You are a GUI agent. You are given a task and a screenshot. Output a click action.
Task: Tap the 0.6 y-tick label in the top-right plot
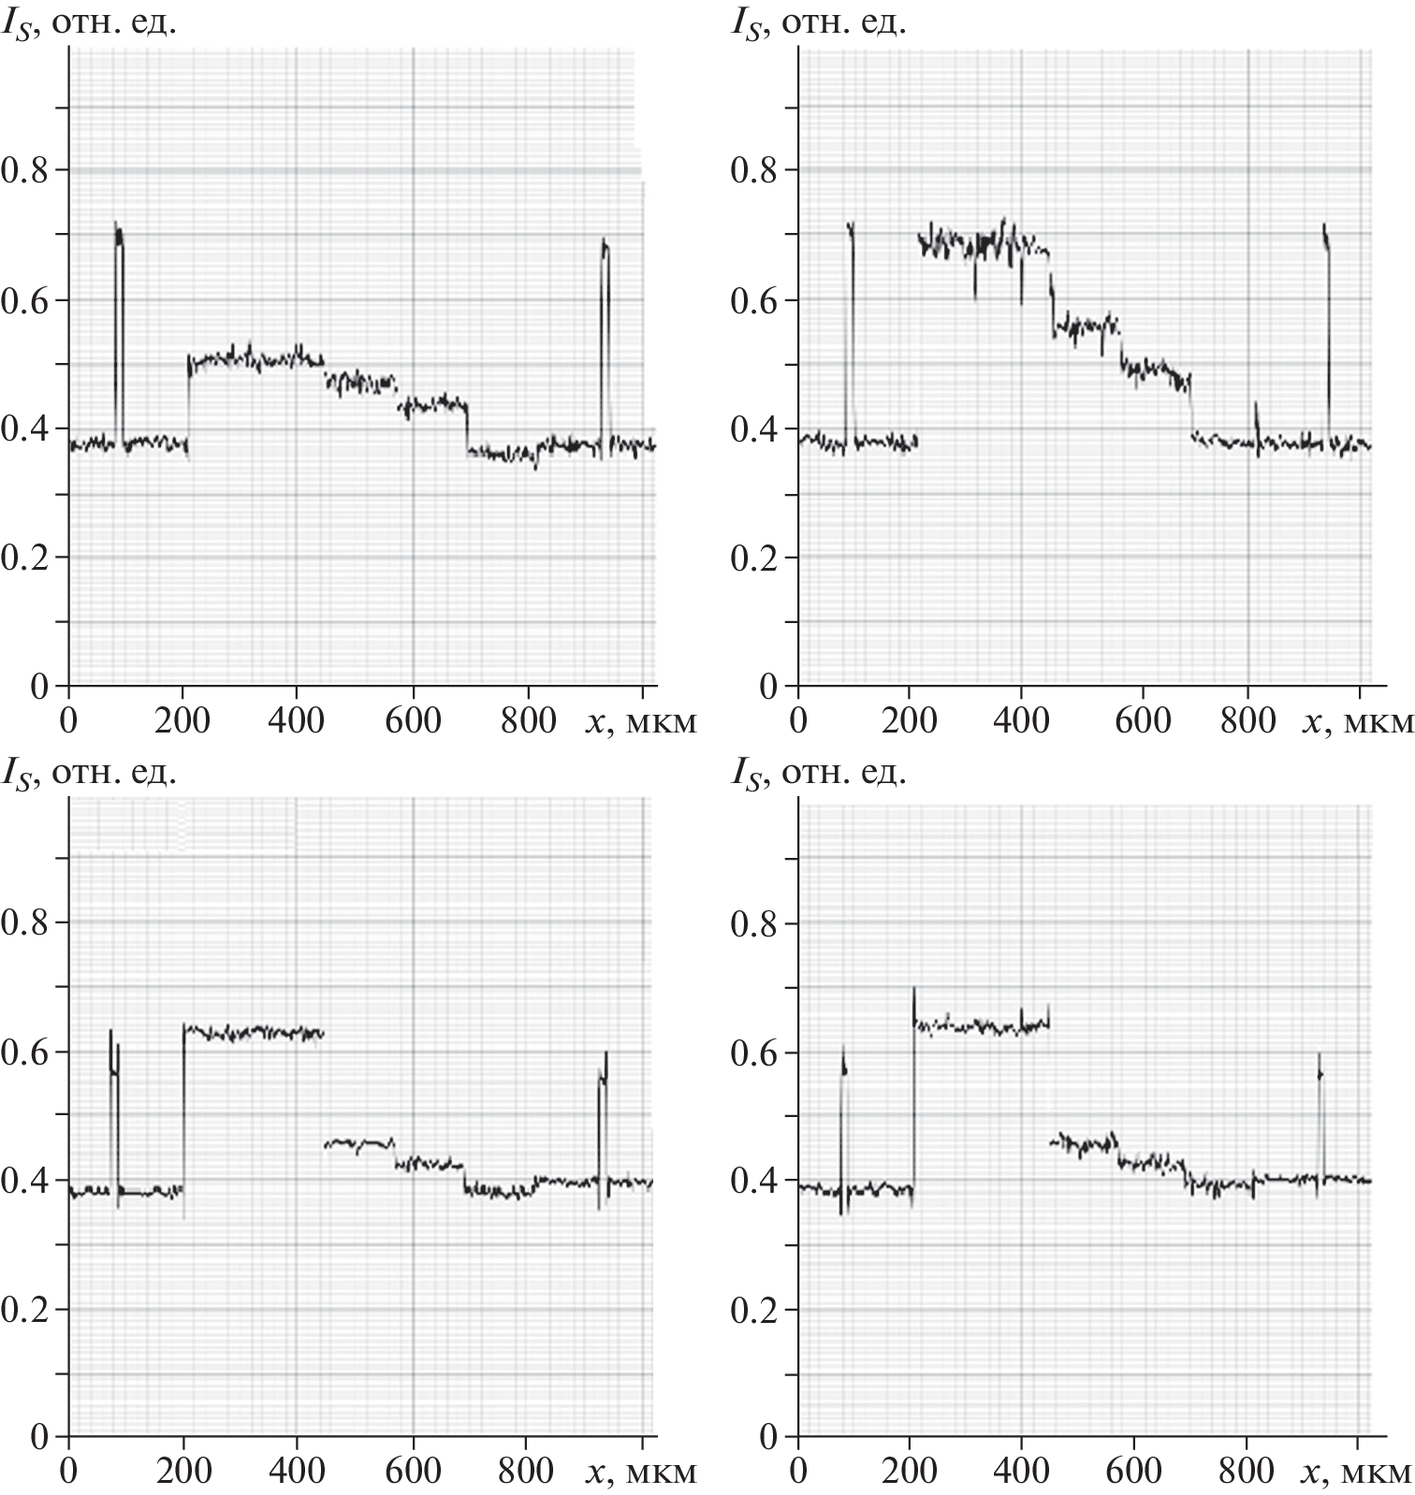coord(755,300)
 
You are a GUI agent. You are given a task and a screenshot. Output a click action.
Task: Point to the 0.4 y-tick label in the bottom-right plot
coord(755,1182)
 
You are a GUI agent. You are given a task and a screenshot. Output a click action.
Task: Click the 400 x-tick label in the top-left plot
coord(296,721)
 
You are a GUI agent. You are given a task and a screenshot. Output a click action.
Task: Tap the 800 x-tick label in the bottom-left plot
coord(525,1472)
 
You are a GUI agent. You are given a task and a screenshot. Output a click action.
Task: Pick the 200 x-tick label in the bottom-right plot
coord(909,1472)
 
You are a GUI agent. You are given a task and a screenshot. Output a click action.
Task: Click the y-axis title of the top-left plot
coord(90,22)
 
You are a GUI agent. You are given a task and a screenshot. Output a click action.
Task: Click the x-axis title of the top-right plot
coord(1358,721)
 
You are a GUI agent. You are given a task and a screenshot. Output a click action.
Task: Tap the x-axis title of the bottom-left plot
coord(640,1472)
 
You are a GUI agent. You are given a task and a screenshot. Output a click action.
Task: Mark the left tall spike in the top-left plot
coord(119,281)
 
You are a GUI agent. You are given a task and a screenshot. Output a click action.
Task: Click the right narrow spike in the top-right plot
coord(1326,281)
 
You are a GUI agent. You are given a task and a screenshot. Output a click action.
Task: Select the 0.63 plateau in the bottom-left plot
coord(253,1033)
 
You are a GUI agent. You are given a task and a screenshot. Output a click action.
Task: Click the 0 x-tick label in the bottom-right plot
coord(797,1472)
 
